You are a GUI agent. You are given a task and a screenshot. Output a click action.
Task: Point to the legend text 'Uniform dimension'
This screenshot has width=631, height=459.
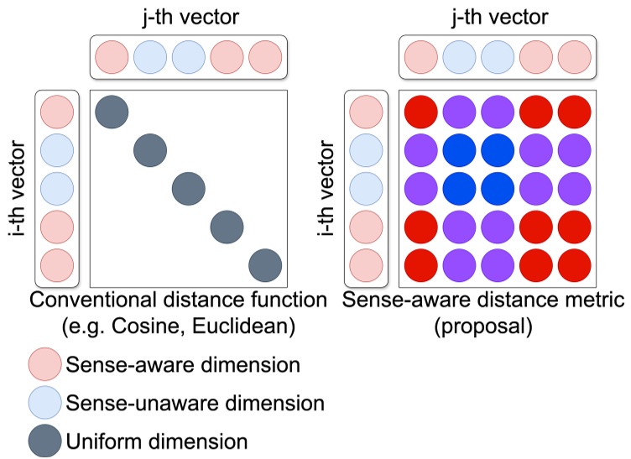click(157, 441)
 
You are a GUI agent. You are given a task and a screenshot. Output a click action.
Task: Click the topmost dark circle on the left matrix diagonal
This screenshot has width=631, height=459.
click(112, 112)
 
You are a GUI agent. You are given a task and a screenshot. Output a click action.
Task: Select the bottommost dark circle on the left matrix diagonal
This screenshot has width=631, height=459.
click(265, 264)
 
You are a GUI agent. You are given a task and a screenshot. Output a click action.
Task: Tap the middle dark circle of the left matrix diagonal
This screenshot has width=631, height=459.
click(189, 188)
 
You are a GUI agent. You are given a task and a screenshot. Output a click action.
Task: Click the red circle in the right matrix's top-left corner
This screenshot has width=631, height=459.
click(421, 112)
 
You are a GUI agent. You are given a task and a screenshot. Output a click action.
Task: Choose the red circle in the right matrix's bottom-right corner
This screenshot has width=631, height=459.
click(575, 264)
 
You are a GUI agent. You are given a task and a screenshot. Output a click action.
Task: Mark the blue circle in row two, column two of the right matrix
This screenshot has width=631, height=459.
click(460, 150)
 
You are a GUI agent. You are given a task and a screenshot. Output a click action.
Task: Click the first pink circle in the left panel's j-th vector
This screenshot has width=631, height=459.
click(112, 58)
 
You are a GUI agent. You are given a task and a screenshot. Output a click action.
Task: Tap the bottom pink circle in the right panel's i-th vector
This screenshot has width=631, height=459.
click(366, 264)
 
